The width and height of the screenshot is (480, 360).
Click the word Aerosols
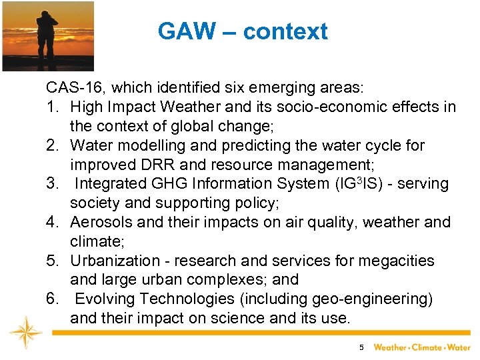[103, 222]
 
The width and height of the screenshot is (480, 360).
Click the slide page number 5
[361, 347]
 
